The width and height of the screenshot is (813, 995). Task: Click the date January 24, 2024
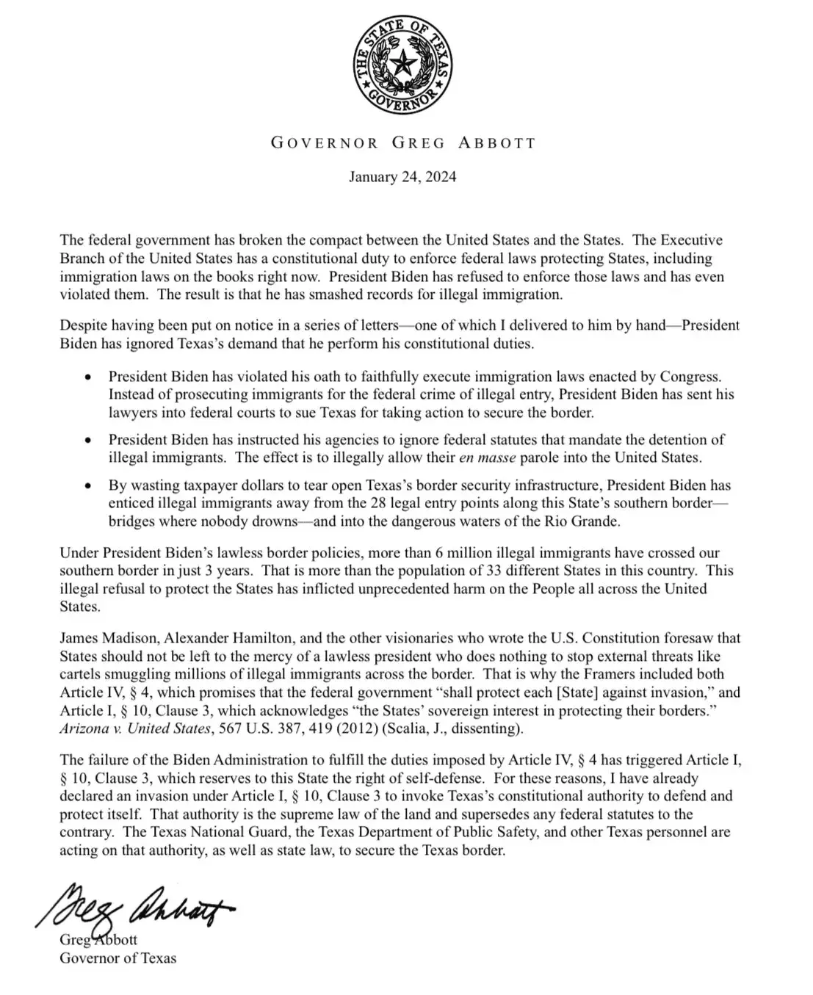point(402,177)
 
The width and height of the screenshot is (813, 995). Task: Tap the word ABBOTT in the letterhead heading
point(497,142)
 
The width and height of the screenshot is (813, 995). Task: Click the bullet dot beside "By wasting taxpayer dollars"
point(89,486)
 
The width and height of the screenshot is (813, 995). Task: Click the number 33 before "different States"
point(475,571)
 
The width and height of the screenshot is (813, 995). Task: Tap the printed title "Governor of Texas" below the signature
point(118,958)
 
